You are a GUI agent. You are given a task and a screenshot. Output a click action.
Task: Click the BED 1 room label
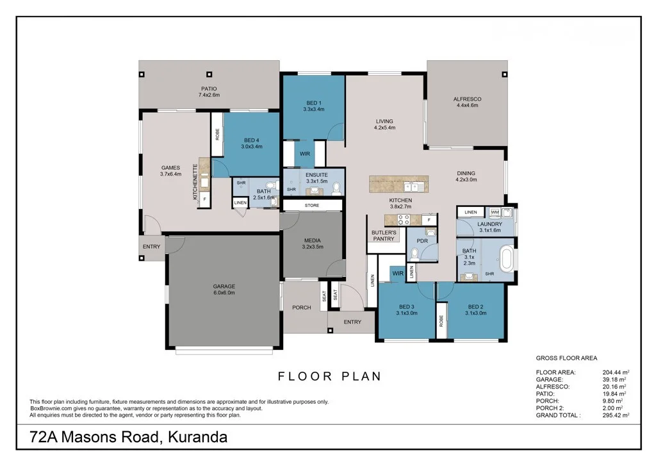click(314, 103)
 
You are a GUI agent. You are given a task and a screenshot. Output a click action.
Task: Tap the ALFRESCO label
click(467, 99)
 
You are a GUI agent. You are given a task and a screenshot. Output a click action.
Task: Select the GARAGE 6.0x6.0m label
click(224, 290)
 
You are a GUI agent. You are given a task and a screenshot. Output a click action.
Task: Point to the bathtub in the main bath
click(507, 260)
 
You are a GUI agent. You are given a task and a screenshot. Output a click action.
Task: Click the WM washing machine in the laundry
click(495, 212)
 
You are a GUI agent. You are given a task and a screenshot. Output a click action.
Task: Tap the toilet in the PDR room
click(414, 254)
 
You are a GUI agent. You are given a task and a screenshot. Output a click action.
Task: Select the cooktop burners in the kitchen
click(404, 219)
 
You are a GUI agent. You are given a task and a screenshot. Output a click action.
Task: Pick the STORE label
click(312, 206)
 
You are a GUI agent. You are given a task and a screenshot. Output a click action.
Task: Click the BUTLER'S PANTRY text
click(384, 236)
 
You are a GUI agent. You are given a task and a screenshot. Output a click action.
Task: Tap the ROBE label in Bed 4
click(217, 135)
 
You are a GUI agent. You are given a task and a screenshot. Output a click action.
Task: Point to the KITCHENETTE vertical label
click(195, 181)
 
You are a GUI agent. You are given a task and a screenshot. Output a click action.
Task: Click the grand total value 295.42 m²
click(616, 415)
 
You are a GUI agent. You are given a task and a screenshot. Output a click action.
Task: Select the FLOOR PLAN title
click(330, 376)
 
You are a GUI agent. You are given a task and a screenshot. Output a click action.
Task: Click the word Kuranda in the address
click(197, 437)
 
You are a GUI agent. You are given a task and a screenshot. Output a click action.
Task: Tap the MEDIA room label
click(312, 240)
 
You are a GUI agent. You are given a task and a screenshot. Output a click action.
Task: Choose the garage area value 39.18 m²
click(614, 379)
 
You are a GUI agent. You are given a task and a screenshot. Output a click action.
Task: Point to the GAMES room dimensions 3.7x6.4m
click(170, 174)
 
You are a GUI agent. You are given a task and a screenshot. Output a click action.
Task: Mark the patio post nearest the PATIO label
click(209, 74)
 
